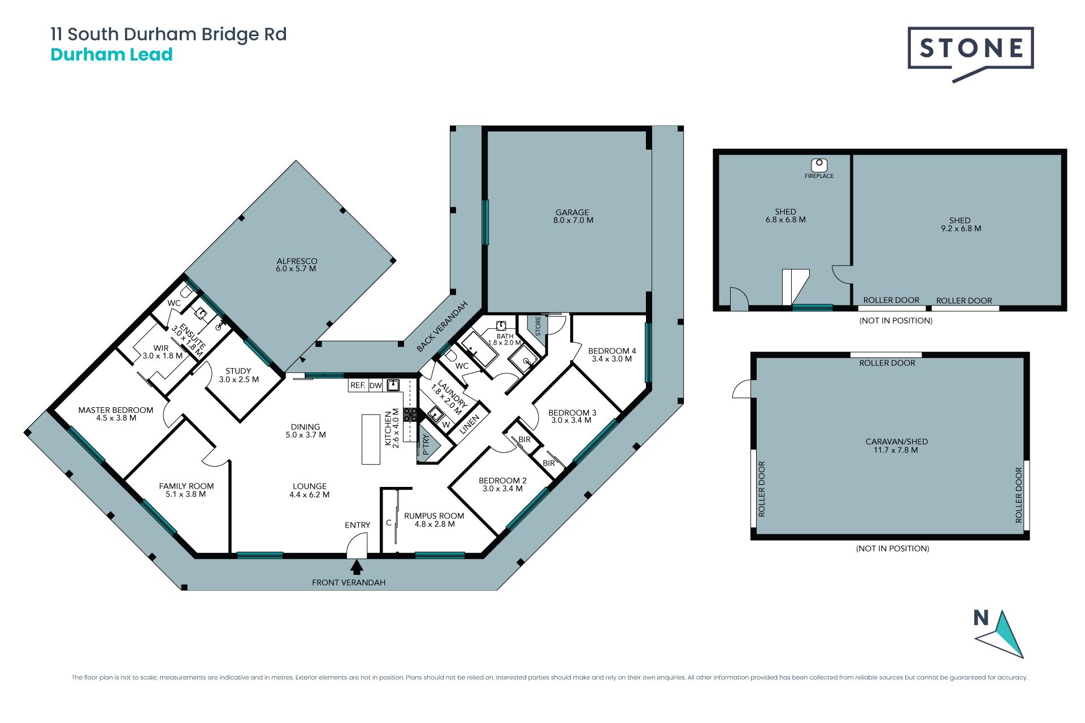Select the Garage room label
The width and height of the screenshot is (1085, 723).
[573, 216]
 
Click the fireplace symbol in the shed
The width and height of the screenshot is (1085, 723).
[819, 165]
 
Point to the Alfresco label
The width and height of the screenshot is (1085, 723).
[297, 265]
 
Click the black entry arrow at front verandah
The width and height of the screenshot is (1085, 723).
[357, 567]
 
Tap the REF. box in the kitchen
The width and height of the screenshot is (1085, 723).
[358, 385]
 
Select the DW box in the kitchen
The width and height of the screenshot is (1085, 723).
[376, 385]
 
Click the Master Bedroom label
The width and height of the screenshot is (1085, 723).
[116, 414]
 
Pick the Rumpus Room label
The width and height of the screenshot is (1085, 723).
[434, 520]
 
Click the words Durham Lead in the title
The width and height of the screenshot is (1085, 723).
[111, 55]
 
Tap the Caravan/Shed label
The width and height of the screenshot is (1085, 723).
[896, 446]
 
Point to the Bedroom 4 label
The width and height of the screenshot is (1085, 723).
[612, 355]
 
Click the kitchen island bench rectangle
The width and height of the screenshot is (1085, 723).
[371, 439]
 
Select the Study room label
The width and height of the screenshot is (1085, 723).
[238, 375]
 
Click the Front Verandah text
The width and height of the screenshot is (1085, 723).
[349, 582]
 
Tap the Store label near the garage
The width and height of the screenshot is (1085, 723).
[538, 326]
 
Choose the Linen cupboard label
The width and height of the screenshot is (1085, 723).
[470, 424]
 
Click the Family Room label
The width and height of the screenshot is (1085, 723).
[186, 490]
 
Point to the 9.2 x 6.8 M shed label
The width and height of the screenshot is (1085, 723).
[960, 224]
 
